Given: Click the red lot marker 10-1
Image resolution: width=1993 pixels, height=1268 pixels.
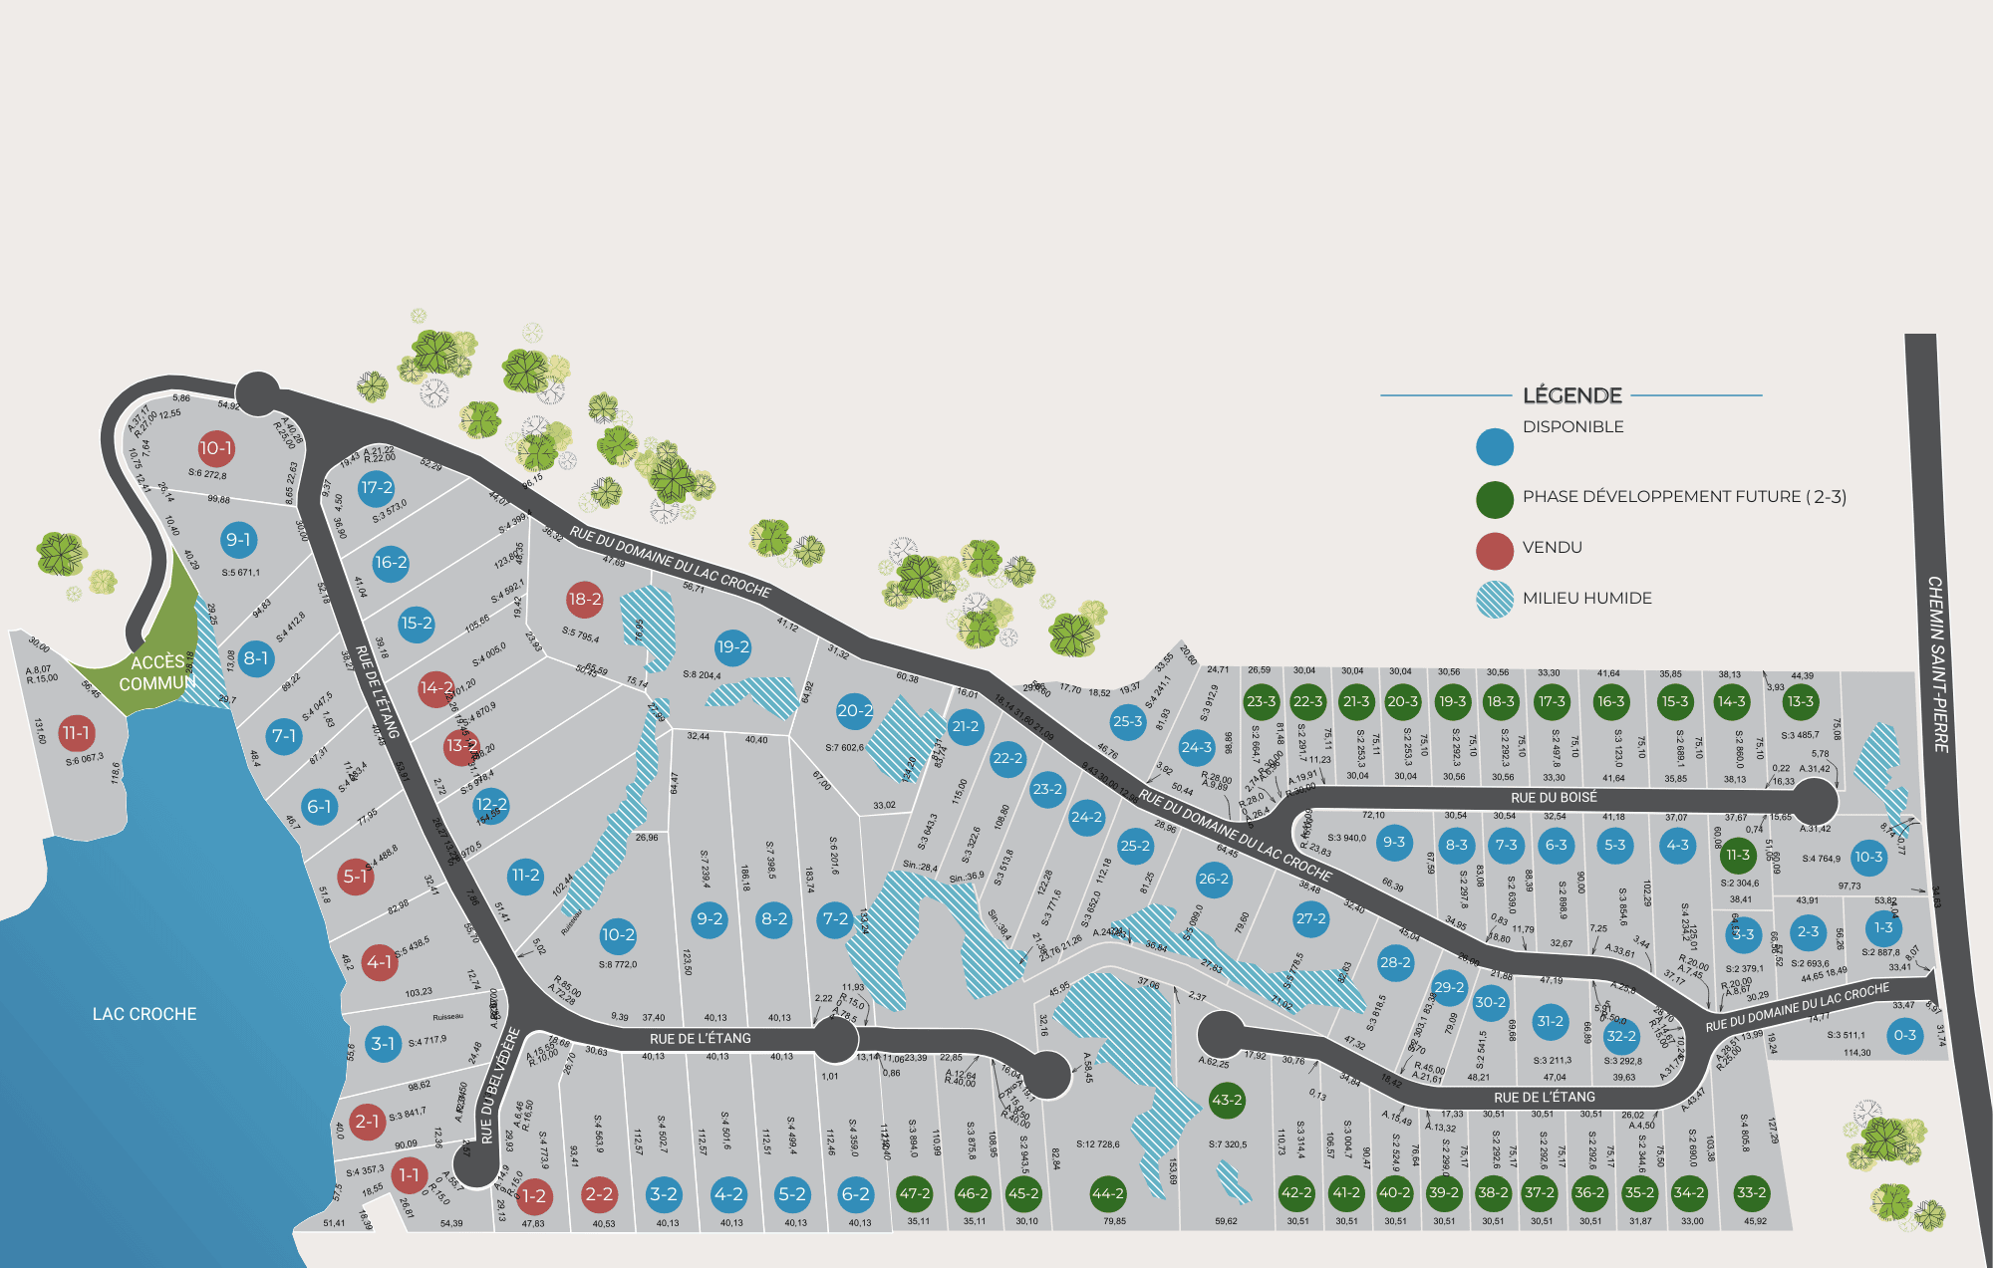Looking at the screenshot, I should (215, 448).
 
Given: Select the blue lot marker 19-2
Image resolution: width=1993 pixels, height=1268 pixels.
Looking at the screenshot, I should (733, 647).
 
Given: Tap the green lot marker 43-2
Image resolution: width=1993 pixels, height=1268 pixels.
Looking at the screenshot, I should (1227, 1101).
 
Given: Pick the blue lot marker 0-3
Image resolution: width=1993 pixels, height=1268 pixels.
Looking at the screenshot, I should (1905, 1035).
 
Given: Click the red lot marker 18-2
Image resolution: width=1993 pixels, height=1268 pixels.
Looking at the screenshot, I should (585, 600).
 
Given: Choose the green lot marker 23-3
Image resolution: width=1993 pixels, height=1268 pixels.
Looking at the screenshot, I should (1262, 701).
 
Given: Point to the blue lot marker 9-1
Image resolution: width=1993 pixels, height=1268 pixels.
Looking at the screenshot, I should (238, 540).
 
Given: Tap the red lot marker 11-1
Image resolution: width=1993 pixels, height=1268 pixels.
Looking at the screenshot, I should (76, 733).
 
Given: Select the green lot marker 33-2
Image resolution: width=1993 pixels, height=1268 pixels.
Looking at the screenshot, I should (1751, 1192).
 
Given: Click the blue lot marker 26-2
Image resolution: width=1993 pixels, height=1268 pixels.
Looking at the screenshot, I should (1214, 879).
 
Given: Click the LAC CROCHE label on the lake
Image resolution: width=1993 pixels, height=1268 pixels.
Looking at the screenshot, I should (144, 1014).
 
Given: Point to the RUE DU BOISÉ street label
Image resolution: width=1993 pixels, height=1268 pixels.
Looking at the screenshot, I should (1554, 798).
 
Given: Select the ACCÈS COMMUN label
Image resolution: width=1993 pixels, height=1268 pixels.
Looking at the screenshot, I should (157, 673).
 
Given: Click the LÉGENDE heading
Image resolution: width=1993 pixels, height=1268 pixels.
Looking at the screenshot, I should (1572, 395).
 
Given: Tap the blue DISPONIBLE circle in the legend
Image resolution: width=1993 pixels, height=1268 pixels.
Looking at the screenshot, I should (1495, 447).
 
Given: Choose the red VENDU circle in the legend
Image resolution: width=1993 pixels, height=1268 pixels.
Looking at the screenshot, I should (1495, 551).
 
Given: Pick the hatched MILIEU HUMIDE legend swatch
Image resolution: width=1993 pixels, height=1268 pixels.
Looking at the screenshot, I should (1495, 600).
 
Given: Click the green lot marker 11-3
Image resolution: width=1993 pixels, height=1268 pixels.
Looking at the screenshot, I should (1738, 855).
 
